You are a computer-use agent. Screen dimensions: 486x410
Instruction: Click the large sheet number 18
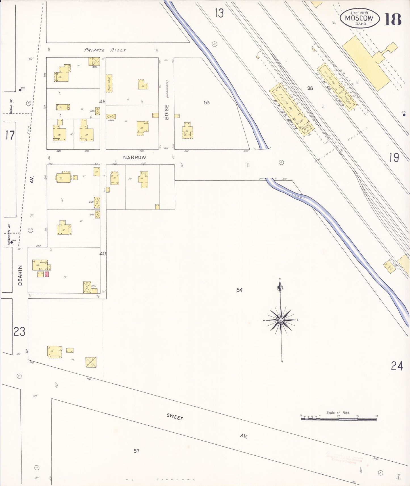(393, 19)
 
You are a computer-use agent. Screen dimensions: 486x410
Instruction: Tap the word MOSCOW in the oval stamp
(359, 18)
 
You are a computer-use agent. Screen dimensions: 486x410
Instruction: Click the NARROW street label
(134, 157)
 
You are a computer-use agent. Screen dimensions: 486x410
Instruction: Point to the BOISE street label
(167, 112)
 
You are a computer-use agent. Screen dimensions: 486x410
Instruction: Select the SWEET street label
(174, 417)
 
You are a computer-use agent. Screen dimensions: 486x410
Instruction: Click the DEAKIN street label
(20, 275)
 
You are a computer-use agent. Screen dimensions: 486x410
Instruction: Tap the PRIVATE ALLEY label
(105, 50)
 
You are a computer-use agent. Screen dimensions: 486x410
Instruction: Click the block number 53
(207, 102)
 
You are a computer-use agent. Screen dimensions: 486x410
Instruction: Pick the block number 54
(240, 290)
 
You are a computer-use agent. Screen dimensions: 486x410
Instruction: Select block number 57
(136, 451)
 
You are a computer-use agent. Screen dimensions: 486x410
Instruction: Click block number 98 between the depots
(310, 88)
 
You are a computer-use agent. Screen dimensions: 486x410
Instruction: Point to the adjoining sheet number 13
(219, 13)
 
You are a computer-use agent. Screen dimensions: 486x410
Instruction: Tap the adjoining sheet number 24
(397, 366)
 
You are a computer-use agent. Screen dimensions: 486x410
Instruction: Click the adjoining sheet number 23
(19, 331)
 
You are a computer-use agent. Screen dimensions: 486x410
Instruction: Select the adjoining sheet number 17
(10, 135)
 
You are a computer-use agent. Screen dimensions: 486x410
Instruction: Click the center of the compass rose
(281, 320)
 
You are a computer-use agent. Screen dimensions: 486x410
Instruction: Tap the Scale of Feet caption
(338, 413)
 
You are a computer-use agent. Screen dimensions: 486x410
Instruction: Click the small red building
(47, 274)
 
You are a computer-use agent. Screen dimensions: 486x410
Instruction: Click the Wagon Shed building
(109, 83)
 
